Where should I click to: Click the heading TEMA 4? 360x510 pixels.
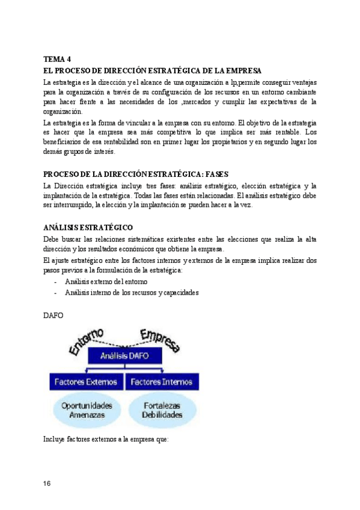57,59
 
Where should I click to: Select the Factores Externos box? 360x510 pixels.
85,382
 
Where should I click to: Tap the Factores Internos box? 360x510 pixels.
161,382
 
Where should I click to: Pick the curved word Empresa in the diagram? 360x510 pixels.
160,338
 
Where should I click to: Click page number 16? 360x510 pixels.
49,484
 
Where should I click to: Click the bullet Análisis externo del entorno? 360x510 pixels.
106,281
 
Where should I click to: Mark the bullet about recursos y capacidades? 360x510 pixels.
132,293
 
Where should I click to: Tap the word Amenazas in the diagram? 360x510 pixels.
84,415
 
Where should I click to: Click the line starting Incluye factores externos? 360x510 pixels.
106,439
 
